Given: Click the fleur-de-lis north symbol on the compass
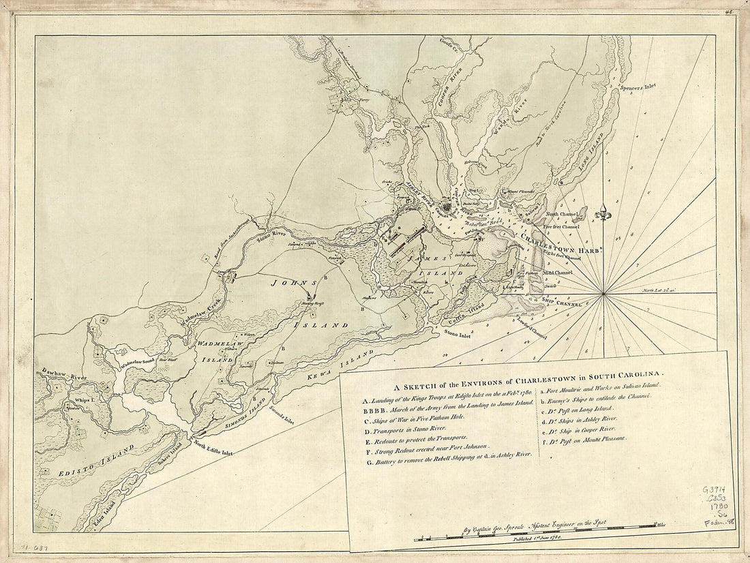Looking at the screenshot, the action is [604, 212].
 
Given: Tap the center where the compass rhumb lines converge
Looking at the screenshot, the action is [603, 294].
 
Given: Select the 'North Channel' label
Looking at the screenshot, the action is [560, 214].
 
